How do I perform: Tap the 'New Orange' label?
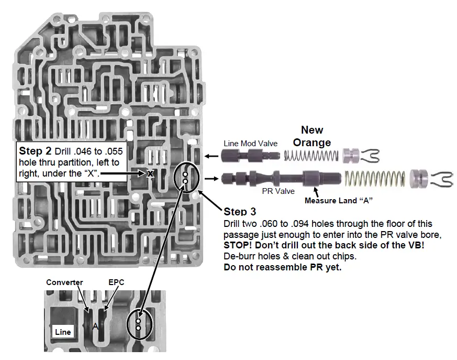[x=311, y=136]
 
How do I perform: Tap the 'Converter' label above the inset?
[x=64, y=282]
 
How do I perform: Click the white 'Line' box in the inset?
[x=62, y=332]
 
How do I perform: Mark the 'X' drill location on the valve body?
[x=151, y=173]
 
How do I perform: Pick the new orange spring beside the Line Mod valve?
[x=311, y=155]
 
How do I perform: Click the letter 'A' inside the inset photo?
[x=95, y=326]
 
